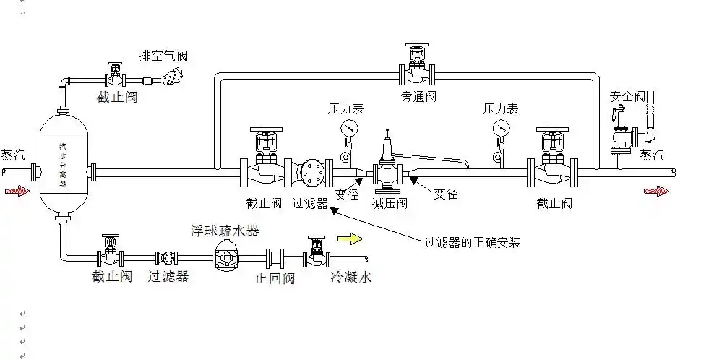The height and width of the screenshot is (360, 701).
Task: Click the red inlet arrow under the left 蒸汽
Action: pos(17,192)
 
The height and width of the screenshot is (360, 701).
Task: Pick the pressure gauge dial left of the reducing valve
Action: pos(349,128)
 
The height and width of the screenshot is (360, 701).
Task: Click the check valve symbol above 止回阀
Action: pos(275,257)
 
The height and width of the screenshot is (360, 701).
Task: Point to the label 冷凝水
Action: pos(351,277)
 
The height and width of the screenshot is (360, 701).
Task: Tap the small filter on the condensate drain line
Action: pos(167,257)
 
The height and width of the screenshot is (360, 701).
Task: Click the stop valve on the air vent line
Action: pos(114,74)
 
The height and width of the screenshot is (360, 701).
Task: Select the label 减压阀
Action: pos(390,203)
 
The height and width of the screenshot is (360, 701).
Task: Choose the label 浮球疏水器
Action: pos(225,231)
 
